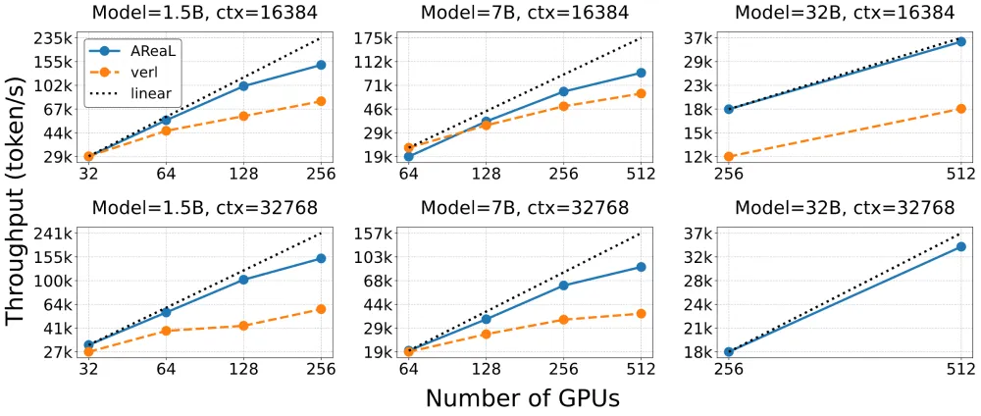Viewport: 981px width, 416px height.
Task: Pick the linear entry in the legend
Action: pyautogui.click(x=130, y=93)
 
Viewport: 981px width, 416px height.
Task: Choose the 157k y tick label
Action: pyautogui.click(x=374, y=234)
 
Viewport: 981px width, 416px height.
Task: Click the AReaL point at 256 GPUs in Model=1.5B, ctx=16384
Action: pyautogui.click(x=321, y=65)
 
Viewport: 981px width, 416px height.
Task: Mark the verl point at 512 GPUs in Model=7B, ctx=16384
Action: pyautogui.click(x=641, y=93)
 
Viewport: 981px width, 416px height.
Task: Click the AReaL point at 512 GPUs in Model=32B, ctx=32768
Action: pyautogui.click(x=961, y=246)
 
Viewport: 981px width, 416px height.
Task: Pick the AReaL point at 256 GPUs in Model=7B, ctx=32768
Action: pyautogui.click(x=563, y=286)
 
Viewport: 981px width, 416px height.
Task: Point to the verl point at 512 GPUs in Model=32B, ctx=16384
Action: pyautogui.click(x=961, y=109)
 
